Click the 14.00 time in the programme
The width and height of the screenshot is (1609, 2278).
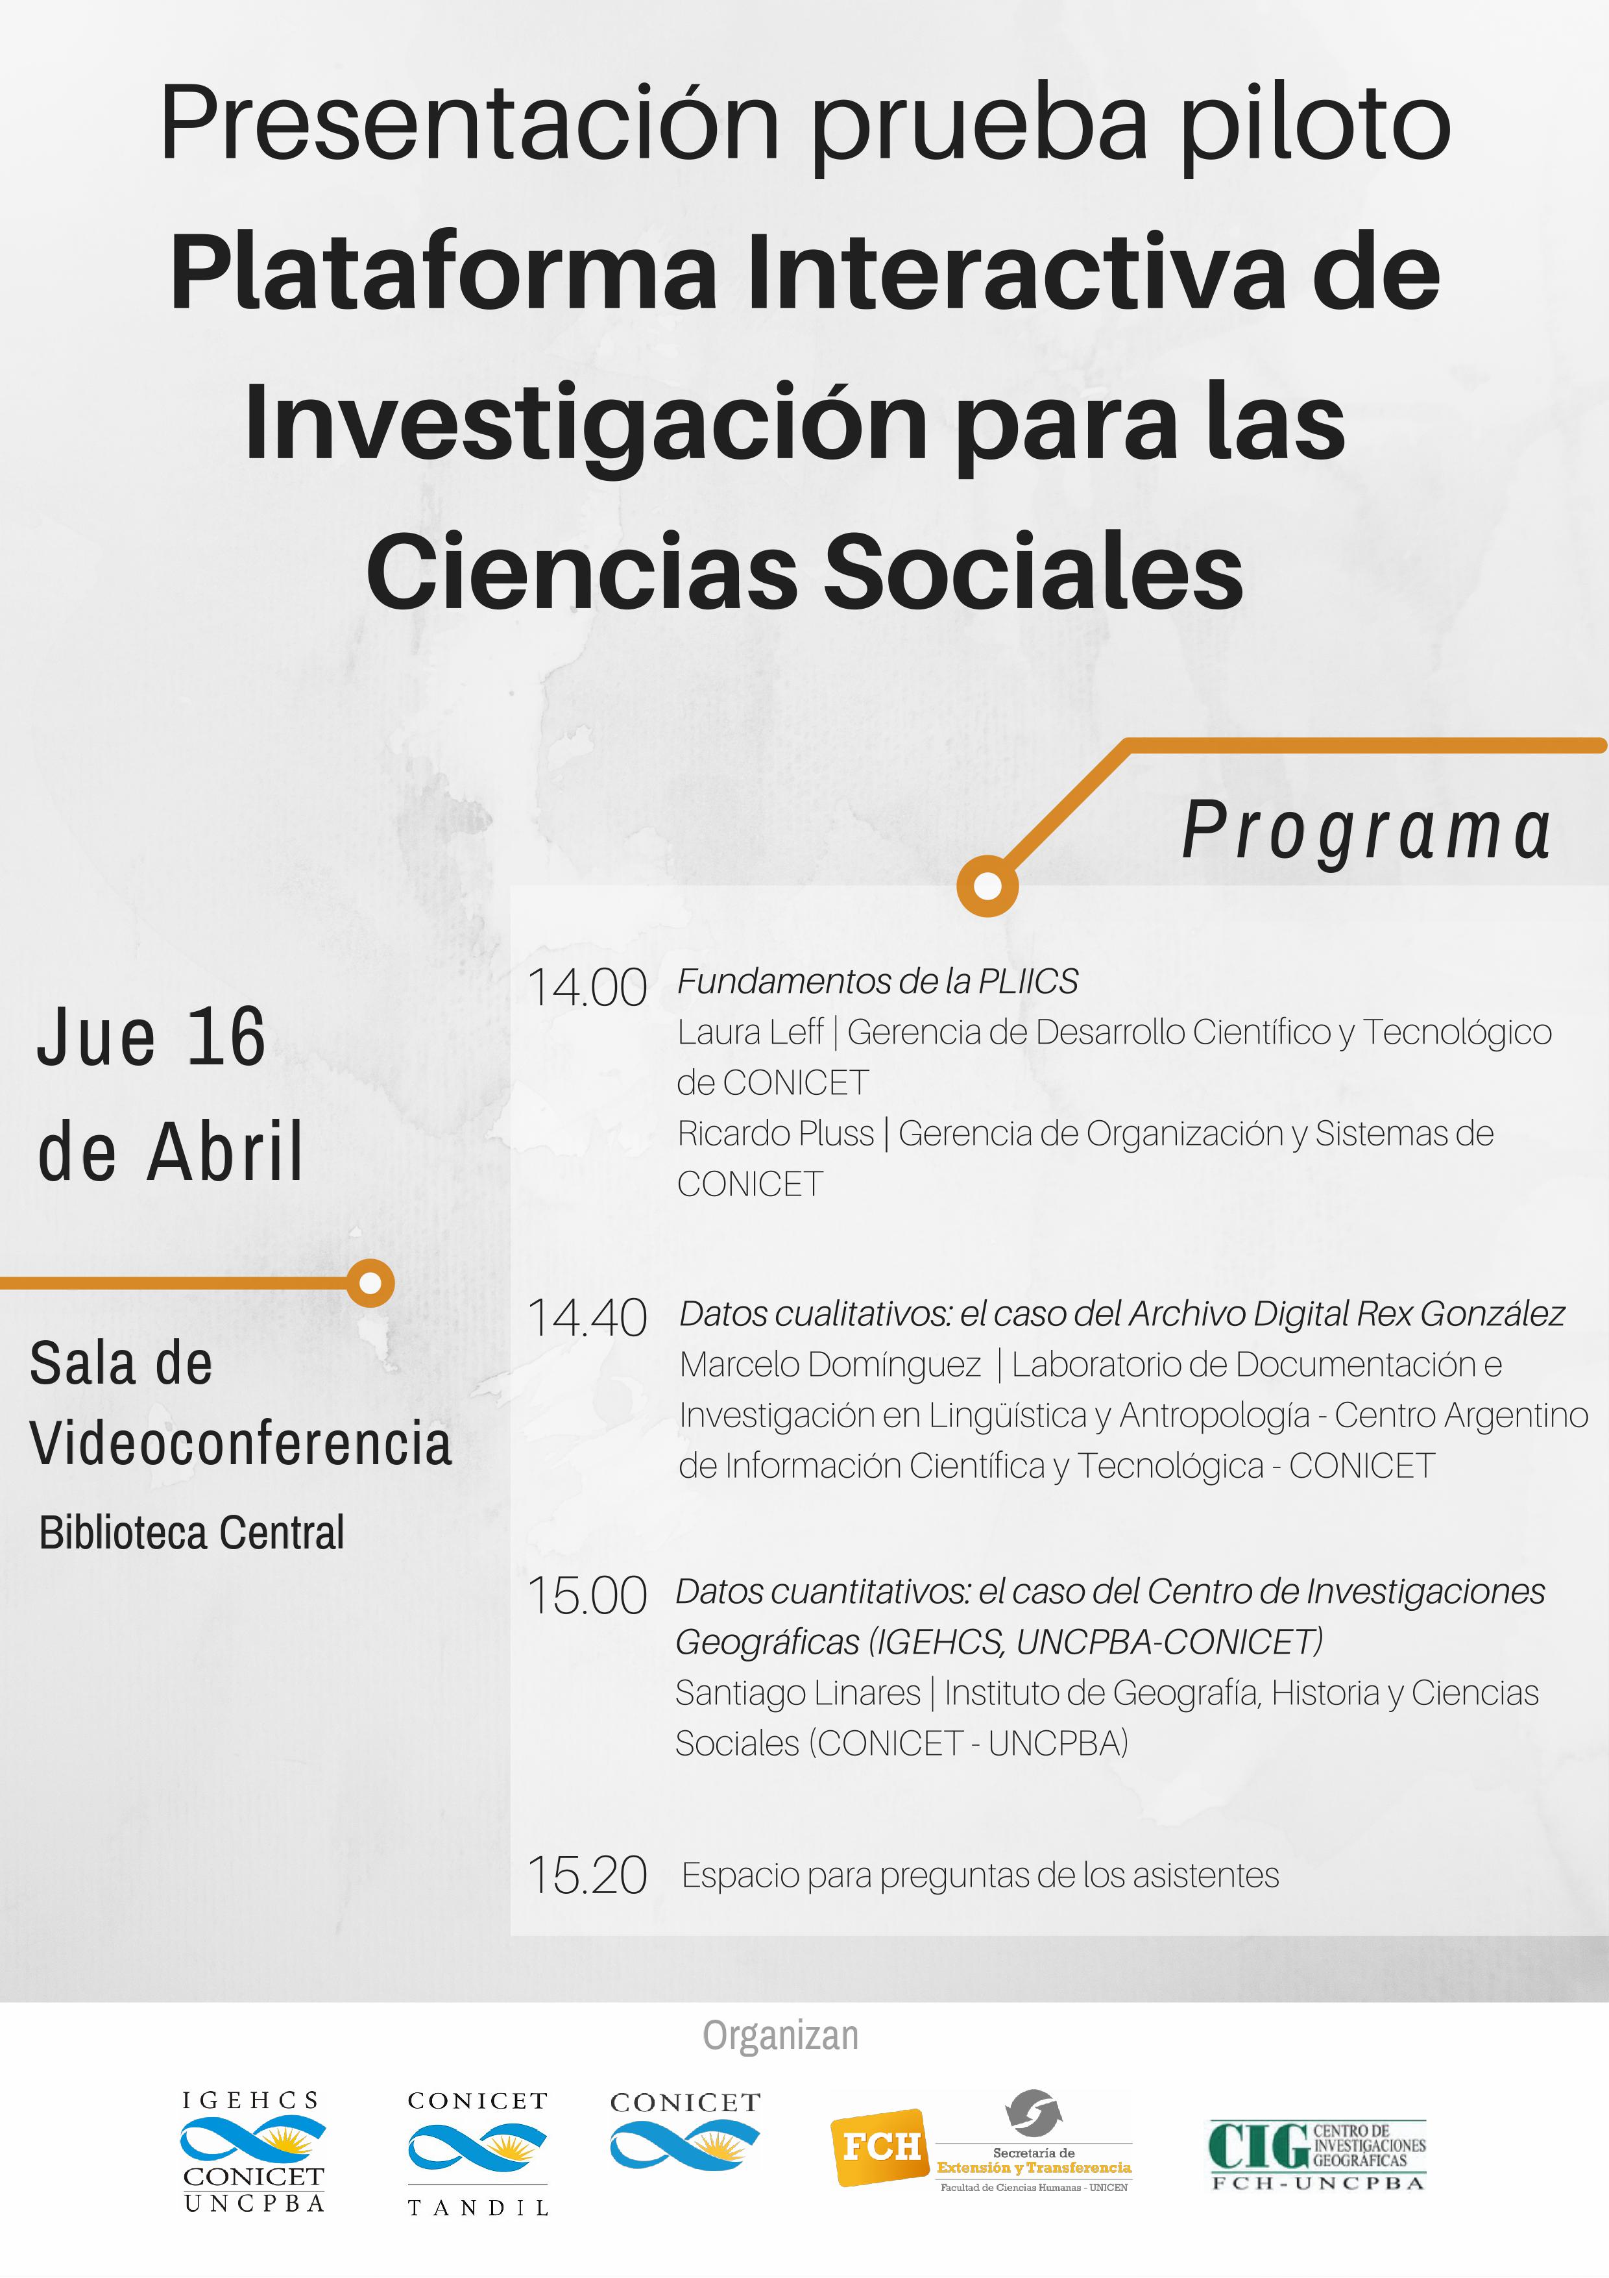pyautogui.click(x=587, y=988)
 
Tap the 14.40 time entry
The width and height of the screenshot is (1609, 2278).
pyautogui.click(x=587, y=1319)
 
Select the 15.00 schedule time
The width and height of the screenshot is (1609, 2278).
pyautogui.click(x=587, y=1597)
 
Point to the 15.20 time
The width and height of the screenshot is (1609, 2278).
pyautogui.click(x=587, y=1875)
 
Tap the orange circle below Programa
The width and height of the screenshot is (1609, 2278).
pyautogui.click(x=987, y=885)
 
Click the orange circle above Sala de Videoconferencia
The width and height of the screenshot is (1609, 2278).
pyautogui.click(x=370, y=1283)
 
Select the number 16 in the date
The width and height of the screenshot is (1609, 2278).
pyautogui.click(x=226, y=1037)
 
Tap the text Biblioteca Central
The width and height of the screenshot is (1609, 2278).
pyautogui.click(x=191, y=1533)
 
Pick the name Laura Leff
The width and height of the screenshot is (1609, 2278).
pyautogui.click(x=751, y=1032)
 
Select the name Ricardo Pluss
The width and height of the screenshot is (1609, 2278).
pyautogui.click(x=776, y=1133)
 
